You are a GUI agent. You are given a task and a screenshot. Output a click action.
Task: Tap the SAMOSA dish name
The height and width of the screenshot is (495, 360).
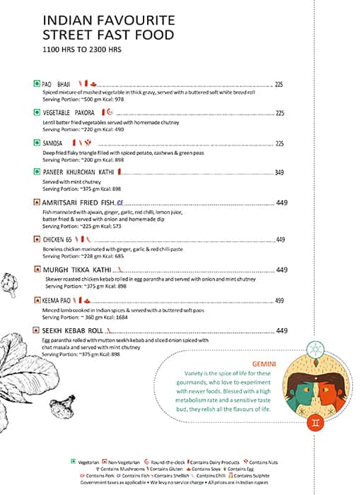(54, 143)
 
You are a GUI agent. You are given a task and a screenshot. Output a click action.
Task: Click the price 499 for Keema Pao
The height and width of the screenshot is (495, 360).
(279, 301)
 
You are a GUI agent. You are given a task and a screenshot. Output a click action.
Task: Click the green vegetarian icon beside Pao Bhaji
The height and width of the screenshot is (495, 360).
(36, 84)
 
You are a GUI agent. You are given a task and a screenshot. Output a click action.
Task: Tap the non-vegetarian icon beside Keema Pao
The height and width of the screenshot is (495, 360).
(36, 300)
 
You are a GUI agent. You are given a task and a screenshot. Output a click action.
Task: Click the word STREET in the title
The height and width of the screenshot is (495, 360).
(64, 35)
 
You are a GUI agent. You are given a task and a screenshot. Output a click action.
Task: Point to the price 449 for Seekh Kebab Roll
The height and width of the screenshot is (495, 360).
(281, 330)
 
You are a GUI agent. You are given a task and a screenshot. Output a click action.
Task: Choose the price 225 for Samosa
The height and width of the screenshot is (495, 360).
(279, 143)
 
